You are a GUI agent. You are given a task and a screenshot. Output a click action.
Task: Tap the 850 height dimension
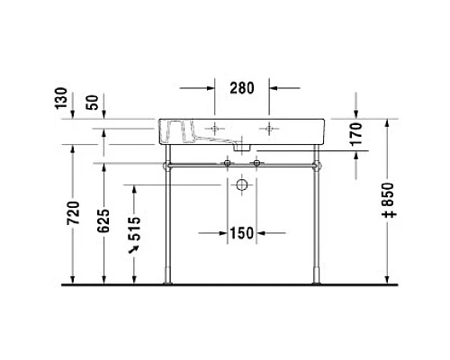[x=390, y=209]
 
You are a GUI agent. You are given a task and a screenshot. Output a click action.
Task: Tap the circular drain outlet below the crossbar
[x=241, y=186]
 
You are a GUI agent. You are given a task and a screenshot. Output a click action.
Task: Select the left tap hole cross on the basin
[x=215, y=129]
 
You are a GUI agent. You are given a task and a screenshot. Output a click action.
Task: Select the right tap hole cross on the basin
[x=269, y=129]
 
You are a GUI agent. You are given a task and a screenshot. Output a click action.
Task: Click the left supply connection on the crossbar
[x=229, y=164]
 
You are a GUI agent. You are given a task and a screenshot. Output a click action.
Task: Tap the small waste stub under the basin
[x=242, y=144]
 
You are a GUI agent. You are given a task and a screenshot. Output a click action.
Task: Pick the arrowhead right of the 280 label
[x=279, y=88]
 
